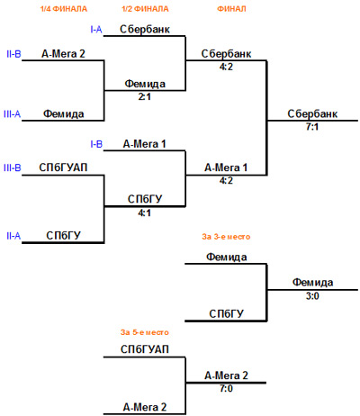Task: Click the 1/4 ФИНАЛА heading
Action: click(x=64, y=9)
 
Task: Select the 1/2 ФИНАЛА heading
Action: click(x=145, y=9)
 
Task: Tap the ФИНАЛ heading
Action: click(x=231, y=9)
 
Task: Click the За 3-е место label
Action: click(x=226, y=237)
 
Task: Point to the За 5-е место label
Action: click(x=145, y=332)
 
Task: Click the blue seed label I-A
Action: click(x=96, y=30)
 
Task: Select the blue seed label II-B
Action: click(x=13, y=54)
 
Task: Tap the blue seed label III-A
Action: click(x=13, y=114)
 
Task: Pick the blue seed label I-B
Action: click(x=96, y=144)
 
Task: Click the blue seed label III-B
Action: click(x=13, y=167)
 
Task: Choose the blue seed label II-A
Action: click(x=13, y=236)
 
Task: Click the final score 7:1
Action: click(x=312, y=127)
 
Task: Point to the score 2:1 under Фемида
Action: click(x=144, y=96)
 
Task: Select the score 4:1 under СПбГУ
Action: click(x=144, y=213)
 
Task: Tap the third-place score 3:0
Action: click(x=312, y=296)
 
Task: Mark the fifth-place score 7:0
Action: click(x=226, y=389)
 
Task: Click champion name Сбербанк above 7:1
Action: click(x=312, y=114)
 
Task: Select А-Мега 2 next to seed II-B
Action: click(x=63, y=54)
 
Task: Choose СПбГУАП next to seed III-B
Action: click(x=63, y=167)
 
